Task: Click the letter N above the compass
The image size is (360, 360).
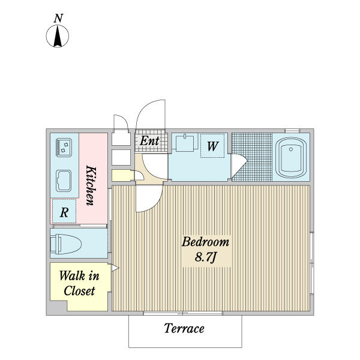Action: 58,18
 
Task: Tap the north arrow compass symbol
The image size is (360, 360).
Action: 58,37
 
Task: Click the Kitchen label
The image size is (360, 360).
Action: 91,185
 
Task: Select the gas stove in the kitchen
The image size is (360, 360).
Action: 64,146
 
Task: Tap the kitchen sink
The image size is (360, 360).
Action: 64,180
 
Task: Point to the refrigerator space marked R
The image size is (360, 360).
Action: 64,212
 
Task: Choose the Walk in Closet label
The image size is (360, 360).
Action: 79,284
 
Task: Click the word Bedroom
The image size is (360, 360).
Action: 205,242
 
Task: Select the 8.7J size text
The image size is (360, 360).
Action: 205,257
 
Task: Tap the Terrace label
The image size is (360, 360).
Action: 184,329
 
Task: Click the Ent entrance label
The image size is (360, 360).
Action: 149,141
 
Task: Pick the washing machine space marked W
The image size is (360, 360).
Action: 212,146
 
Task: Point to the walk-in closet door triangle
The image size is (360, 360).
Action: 115,268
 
